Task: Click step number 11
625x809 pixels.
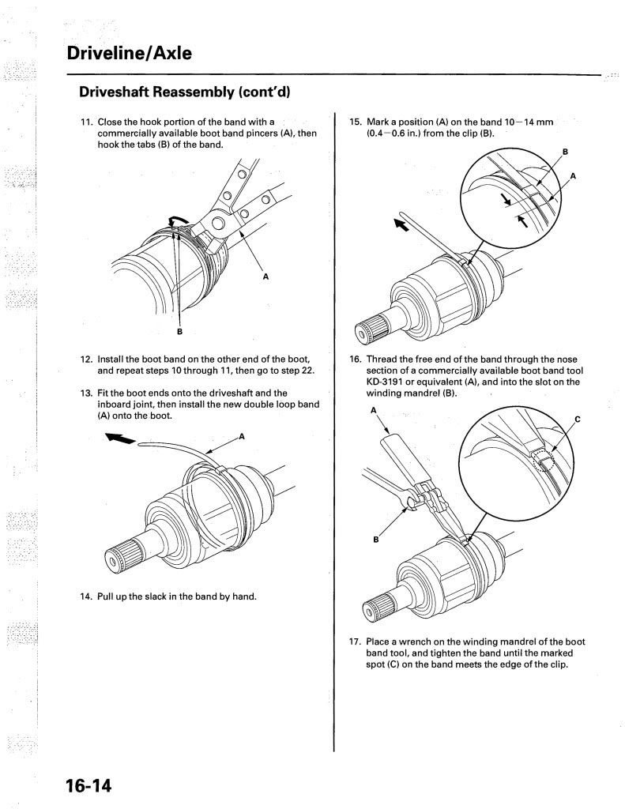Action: (87, 122)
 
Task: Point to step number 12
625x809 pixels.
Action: (87, 359)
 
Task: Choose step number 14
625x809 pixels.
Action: (87, 596)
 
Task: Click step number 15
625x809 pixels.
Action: (356, 122)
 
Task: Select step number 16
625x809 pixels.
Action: (356, 359)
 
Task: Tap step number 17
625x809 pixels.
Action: (356, 642)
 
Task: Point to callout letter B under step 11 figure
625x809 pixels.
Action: (179, 331)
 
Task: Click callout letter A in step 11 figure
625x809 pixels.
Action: (265, 277)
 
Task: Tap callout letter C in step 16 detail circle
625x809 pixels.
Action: (577, 419)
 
